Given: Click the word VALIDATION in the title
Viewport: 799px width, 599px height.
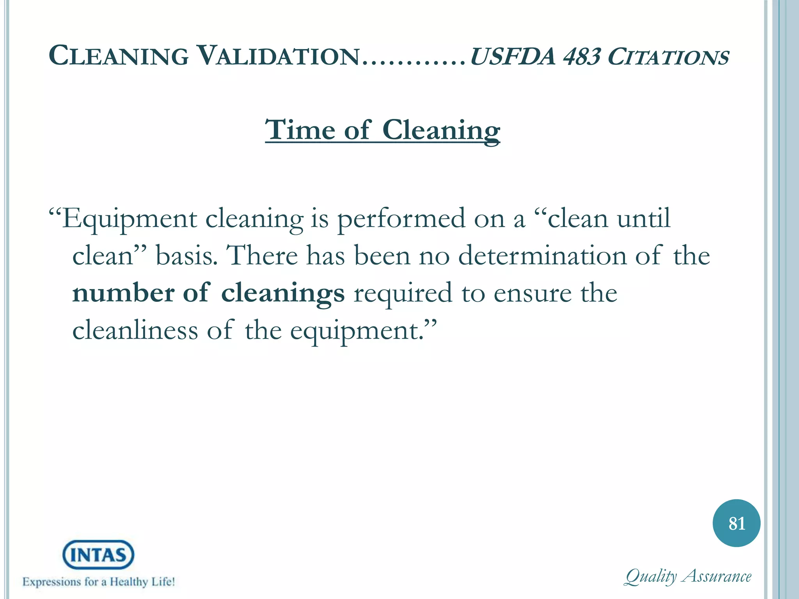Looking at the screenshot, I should (278, 56).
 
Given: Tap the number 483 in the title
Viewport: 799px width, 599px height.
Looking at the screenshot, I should (581, 57).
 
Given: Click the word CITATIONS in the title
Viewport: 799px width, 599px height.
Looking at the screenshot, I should (668, 57).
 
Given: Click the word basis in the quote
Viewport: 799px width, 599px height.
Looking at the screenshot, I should (186, 256).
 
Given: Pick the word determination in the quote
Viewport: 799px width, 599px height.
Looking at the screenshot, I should (542, 256).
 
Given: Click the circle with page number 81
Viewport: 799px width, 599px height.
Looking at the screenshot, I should (736, 523).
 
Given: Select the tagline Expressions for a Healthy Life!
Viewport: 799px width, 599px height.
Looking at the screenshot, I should (99, 582).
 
